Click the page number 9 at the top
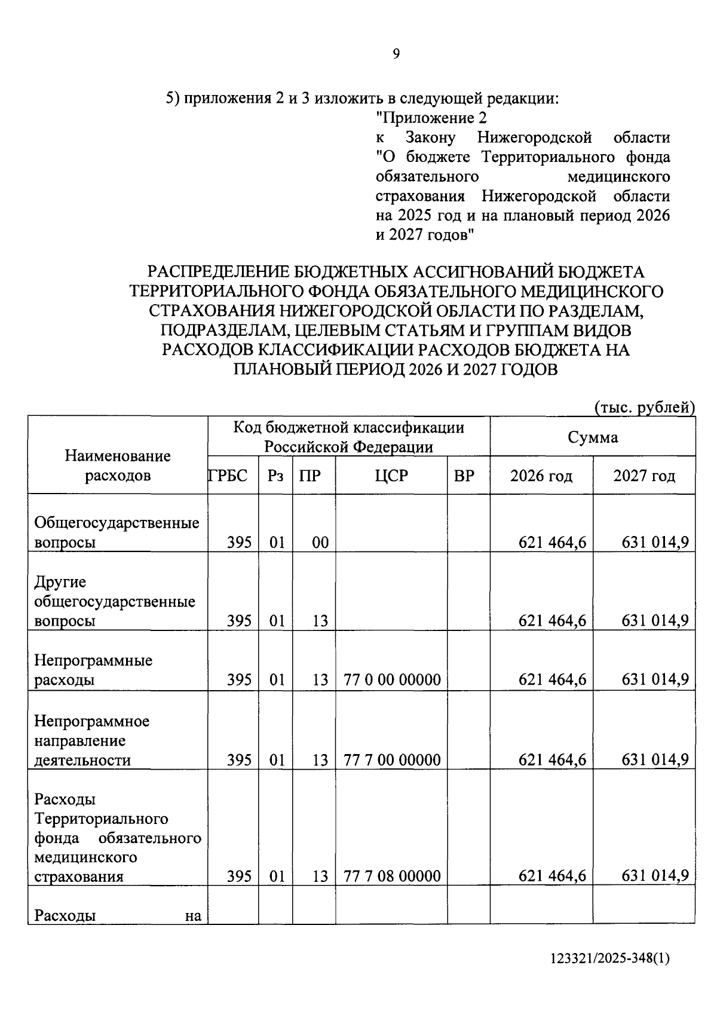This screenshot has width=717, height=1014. pyautogui.click(x=396, y=54)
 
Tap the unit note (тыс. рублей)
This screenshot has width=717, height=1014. pyautogui.click(x=644, y=408)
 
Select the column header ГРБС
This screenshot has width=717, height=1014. pyautogui.click(x=228, y=476)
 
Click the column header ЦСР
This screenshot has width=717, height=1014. pyautogui.click(x=391, y=476)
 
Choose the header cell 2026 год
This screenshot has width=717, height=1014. pyautogui.click(x=541, y=476)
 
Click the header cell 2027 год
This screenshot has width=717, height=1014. pyautogui.click(x=644, y=476)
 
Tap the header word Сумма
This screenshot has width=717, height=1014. pyautogui.click(x=593, y=437)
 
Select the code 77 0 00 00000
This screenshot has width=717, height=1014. pyautogui.click(x=393, y=679)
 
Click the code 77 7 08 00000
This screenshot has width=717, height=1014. pyautogui.click(x=393, y=876)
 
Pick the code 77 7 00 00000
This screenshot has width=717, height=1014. pyautogui.click(x=393, y=760)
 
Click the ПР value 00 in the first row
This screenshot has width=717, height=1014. pyautogui.click(x=320, y=543)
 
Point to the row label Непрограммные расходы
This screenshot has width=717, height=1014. pyautogui.click(x=93, y=670)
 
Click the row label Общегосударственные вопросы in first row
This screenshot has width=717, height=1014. pyautogui.click(x=117, y=532)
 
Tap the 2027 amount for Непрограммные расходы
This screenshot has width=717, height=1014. pyautogui.click(x=655, y=679)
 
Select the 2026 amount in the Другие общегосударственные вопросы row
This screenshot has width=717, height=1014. pyautogui.click(x=552, y=621)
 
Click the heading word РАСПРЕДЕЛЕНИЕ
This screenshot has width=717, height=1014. pyautogui.click(x=219, y=272)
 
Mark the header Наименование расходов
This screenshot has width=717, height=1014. pyautogui.click(x=118, y=465)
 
